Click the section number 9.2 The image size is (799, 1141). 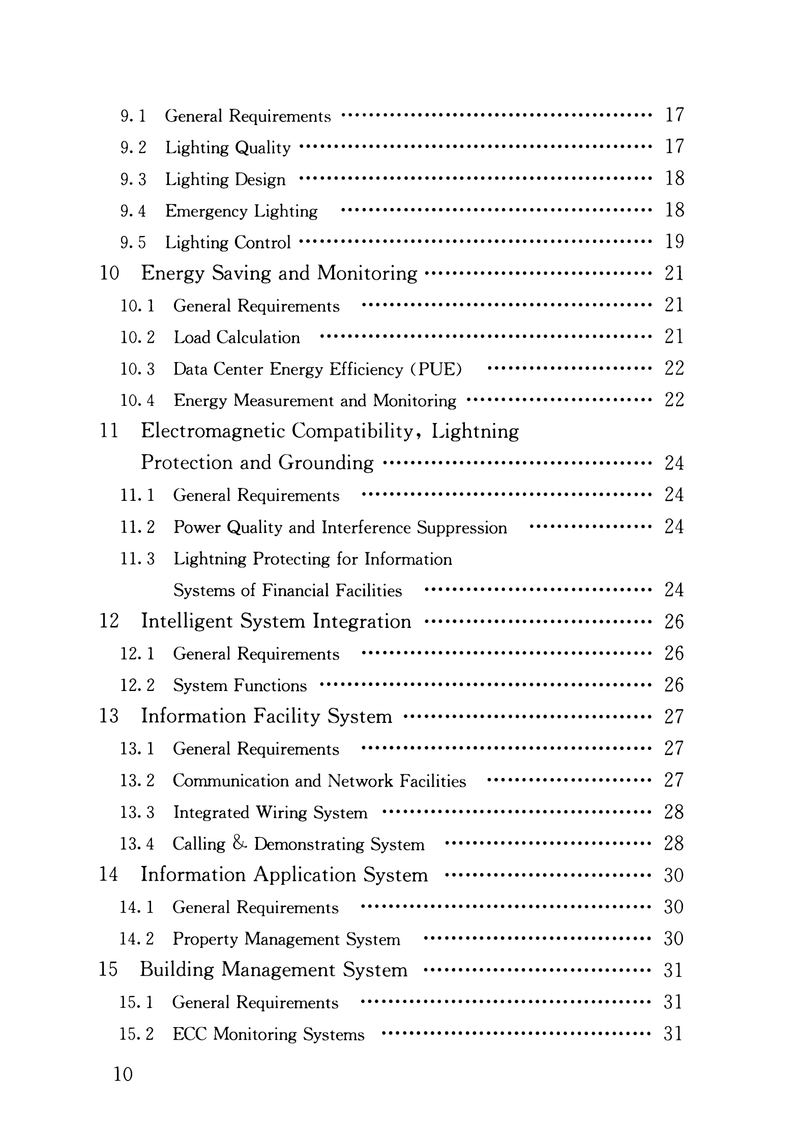click(x=133, y=148)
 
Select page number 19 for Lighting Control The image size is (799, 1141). click(x=674, y=242)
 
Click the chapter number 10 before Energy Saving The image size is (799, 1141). click(x=109, y=274)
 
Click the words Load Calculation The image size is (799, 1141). click(x=236, y=338)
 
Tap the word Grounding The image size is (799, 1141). click(x=325, y=463)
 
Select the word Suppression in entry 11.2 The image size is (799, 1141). click(x=462, y=528)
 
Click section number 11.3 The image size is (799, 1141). click(x=137, y=559)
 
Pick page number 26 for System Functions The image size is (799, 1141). click(x=674, y=685)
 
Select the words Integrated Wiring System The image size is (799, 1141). click(x=270, y=813)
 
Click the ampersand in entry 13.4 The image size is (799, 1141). click(x=240, y=844)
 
